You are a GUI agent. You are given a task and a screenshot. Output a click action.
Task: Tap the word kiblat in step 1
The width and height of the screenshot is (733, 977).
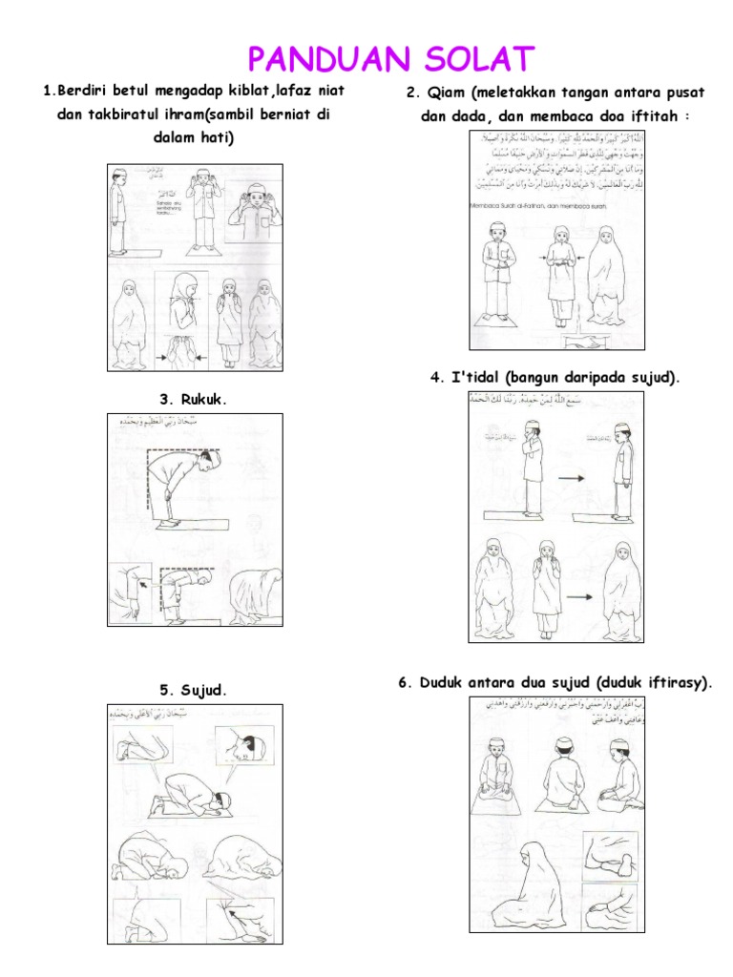click(241, 92)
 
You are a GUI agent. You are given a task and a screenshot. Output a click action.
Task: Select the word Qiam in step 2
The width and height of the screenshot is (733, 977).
click(446, 93)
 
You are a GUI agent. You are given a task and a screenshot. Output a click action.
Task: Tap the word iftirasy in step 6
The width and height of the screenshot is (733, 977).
click(675, 682)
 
